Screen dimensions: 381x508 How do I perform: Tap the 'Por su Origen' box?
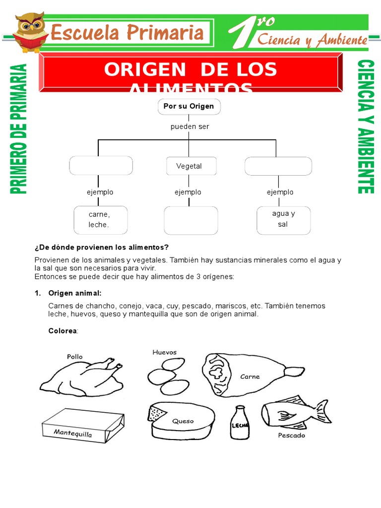click(189, 107)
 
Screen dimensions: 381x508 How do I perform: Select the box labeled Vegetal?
click(189, 166)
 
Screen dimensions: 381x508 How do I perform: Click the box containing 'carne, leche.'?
click(100, 220)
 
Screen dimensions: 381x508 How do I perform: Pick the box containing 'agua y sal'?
click(283, 220)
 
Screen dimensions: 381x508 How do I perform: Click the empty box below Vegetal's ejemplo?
click(190, 220)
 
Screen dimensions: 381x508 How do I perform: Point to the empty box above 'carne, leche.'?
click(101, 166)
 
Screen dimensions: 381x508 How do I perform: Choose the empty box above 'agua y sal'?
click(278, 166)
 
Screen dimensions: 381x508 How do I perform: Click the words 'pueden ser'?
click(190, 127)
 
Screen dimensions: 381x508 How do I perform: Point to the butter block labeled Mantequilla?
click(81, 426)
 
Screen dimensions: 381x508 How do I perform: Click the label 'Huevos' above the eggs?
click(165, 352)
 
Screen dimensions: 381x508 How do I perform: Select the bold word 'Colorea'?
click(63, 331)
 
